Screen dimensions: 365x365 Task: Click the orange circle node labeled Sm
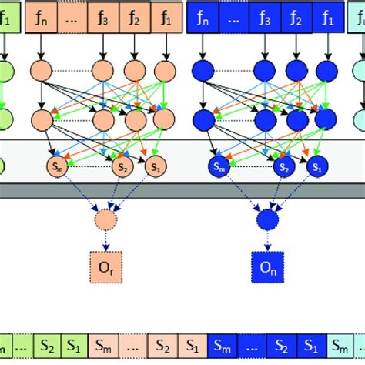tap(55, 166)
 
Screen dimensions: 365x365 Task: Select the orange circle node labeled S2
tap(122, 166)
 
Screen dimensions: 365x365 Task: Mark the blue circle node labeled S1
tap(315, 166)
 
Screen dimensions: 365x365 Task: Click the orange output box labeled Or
tap(105, 266)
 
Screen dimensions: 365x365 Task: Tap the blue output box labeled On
tap(266, 266)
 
